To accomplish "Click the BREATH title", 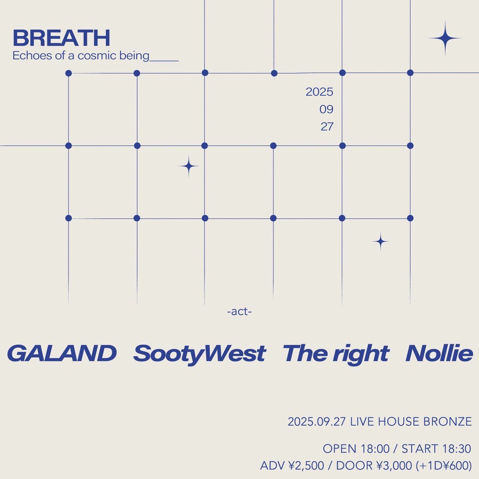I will (61, 38).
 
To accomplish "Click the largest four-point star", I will (445, 38).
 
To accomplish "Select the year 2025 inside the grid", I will (319, 92).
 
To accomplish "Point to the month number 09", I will (326, 109).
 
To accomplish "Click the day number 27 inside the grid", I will (327, 127).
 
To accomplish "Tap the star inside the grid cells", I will (188, 166).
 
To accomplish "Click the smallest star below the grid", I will (380, 241).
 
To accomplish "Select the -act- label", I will (239, 311).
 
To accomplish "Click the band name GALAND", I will (62, 353).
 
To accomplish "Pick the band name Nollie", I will (439, 353).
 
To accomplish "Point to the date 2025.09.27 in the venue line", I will (316, 422).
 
